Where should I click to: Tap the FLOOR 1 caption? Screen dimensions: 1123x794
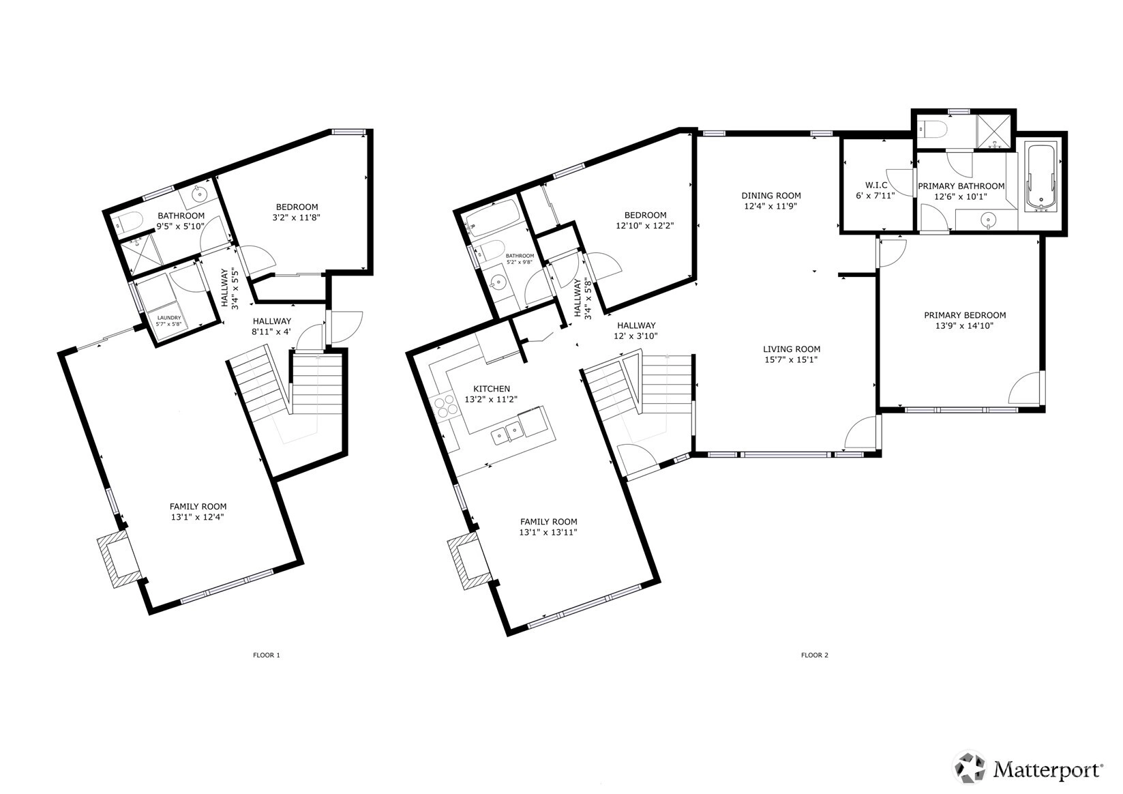(266, 655)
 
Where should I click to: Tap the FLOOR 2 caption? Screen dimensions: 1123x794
(815, 655)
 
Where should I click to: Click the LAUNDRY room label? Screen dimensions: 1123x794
(169, 318)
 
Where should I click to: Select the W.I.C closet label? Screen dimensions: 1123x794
(876, 186)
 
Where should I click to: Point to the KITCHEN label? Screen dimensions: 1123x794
(492, 389)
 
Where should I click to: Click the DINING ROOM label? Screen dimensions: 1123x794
(771, 196)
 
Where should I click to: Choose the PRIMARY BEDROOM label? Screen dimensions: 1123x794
(965, 316)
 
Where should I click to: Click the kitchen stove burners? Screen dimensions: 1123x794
(445, 407)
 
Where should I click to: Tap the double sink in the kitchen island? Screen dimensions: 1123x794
(507, 433)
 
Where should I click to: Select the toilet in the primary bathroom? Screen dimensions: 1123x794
(933, 130)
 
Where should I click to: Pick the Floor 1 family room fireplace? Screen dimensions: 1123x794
(119, 559)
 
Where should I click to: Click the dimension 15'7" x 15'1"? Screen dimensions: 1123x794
(792, 359)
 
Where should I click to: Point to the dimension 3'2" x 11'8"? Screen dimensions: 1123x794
(297, 218)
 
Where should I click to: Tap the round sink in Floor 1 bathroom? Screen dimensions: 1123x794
(200, 193)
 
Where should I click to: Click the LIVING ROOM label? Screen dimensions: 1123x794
(792, 349)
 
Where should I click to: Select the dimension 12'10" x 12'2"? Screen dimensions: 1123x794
(645, 226)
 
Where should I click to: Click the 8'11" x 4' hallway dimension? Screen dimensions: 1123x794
(271, 332)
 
